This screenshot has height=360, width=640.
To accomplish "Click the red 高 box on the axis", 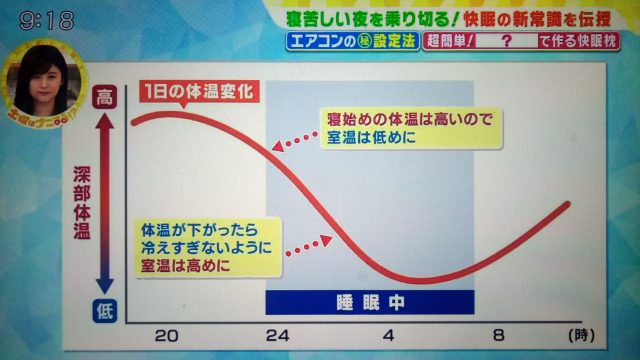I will tap(105, 98).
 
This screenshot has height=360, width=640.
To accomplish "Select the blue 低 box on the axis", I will tap(105, 310).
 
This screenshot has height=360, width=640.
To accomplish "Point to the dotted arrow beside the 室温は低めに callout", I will tap(295, 143).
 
